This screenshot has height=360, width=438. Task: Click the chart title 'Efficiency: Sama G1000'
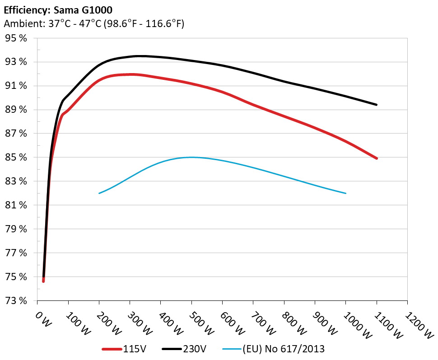58,9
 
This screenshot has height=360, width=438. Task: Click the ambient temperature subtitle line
94,24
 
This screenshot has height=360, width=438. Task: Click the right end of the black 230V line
376,105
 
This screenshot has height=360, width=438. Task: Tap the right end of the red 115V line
376,158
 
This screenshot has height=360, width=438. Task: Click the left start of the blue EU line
99,193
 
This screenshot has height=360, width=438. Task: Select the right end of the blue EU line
345,193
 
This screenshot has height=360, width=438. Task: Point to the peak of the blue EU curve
191,157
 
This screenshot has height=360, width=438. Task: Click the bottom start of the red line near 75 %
43,281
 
